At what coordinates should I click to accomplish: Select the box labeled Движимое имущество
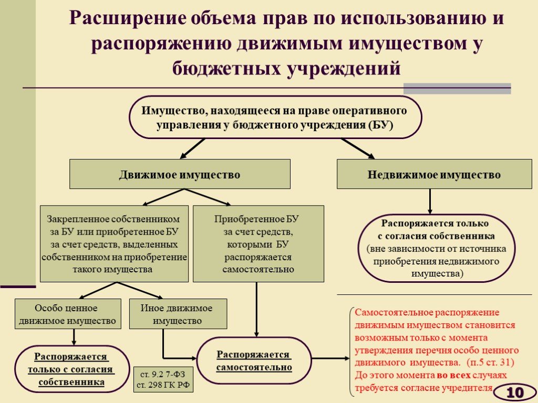click(x=180, y=174)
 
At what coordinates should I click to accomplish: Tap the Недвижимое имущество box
click(x=434, y=174)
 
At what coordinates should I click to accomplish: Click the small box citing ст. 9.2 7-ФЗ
click(x=163, y=379)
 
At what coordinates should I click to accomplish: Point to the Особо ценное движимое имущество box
click(x=68, y=314)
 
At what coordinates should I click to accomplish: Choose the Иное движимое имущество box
click(x=178, y=314)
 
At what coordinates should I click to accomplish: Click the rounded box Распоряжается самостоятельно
click(x=254, y=360)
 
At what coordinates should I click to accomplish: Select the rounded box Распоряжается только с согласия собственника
click(x=71, y=369)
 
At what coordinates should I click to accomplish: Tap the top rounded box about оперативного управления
click(x=275, y=117)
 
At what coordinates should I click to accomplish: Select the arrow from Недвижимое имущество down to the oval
click(x=430, y=201)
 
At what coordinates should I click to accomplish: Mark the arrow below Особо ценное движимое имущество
click(x=74, y=337)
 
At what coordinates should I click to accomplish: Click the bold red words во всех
click(x=453, y=375)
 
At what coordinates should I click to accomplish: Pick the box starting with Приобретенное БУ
click(x=258, y=243)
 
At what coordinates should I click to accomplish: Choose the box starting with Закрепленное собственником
click(x=114, y=243)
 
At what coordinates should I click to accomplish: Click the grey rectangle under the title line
click(x=457, y=88)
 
